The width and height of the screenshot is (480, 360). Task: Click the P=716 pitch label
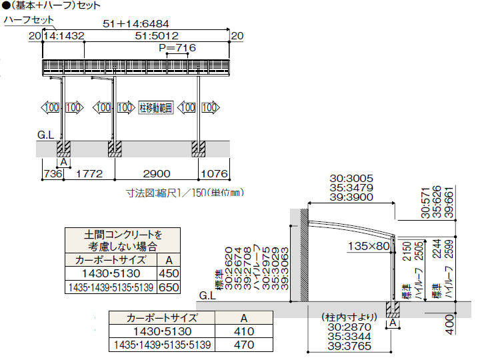pos(177,48)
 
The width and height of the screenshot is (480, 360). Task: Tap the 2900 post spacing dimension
pos(157,174)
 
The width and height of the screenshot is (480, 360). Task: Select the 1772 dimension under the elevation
pos(89,174)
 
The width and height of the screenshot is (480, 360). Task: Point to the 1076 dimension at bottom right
pos(214,174)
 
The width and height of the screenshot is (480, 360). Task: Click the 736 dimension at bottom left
pos(53,174)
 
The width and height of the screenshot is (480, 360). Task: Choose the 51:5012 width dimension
pos(157,36)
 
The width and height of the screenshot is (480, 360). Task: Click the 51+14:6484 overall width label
pos(136,24)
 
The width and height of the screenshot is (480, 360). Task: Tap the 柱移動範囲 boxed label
pos(156,108)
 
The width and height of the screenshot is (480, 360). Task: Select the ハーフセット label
pos(29,20)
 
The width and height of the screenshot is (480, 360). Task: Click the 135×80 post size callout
pos(369,246)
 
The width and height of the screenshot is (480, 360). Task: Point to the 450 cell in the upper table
pos(169,273)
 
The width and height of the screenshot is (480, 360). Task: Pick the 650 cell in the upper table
pos(169,287)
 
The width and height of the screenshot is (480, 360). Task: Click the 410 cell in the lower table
pos(244,331)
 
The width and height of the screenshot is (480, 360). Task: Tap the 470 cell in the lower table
pos(244,345)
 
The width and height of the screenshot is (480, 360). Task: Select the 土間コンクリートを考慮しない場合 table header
pos(123,241)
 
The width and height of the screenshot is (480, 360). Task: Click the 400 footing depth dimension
pos(449,324)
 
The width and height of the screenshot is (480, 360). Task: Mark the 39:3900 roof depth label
pos(351,197)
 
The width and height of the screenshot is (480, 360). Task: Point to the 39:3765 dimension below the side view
pos(349,346)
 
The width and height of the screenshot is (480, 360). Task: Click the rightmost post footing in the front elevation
pos(199,149)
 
